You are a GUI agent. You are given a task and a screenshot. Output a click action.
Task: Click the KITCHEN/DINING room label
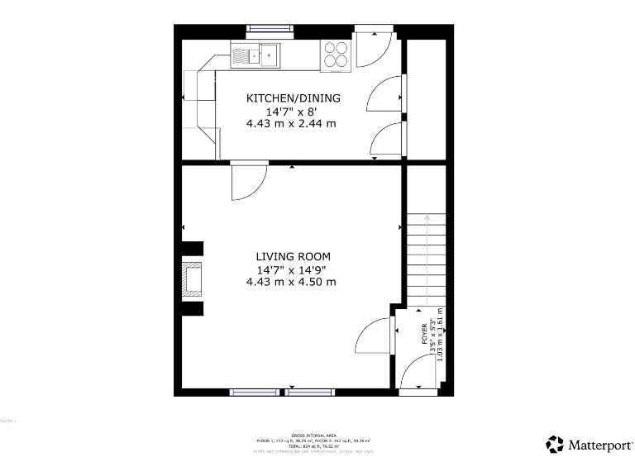click(293, 98)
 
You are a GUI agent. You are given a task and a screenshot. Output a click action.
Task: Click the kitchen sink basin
click(269, 55)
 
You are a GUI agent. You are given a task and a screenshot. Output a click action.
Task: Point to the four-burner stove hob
click(336, 55)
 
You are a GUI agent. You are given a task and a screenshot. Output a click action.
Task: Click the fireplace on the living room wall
click(193, 279)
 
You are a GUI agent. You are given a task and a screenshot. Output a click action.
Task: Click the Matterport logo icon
click(555, 445)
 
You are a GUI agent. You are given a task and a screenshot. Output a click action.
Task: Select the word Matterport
click(599, 445)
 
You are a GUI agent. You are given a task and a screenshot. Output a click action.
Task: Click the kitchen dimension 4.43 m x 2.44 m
click(291, 123)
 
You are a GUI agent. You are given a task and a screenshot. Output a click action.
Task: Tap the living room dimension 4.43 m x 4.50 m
click(291, 282)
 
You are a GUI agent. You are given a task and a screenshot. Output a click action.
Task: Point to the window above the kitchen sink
click(270, 29)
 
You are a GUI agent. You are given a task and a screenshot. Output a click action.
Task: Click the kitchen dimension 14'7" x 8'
click(291, 111)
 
